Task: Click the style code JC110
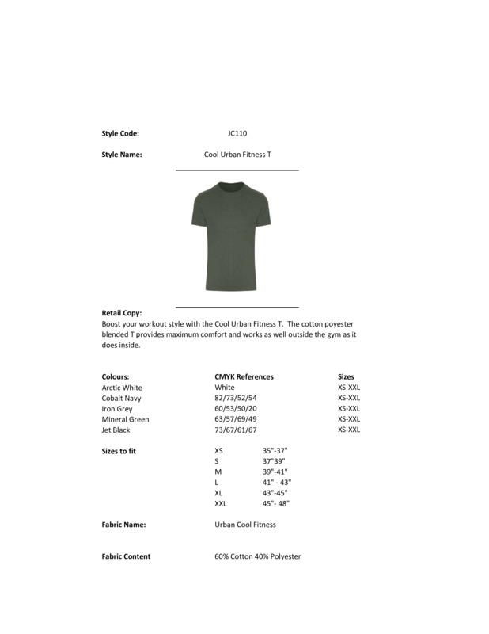pos(237,134)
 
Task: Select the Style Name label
pos(122,155)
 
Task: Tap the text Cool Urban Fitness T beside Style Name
pos(237,155)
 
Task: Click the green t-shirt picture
pos(236,237)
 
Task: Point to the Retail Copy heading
pos(122,313)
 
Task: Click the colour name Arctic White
pos(122,388)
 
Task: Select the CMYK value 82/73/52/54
pos(236,398)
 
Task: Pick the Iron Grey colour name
pos(117,409)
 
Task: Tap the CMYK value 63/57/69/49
pos(236,419)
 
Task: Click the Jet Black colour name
pos(116,430)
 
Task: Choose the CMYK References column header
pos(244,376)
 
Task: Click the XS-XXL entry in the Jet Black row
pos(348,430)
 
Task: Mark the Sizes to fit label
pos(120,451)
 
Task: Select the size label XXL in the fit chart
pos(221,503)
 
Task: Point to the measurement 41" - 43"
pos(277,483)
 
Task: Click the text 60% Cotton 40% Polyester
pos(257,556)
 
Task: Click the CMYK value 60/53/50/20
pos(236,409)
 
